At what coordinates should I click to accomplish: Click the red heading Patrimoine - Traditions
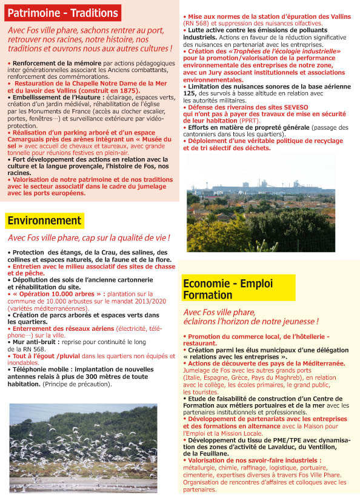[63, 12]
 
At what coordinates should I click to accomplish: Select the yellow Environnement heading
[45, 221]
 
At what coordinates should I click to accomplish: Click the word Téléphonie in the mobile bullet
[31, 368]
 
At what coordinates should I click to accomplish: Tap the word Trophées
[254, 52]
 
